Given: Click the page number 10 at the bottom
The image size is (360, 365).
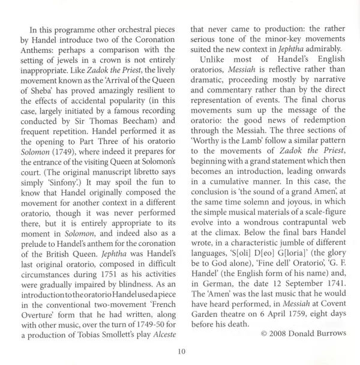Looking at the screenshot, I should pyautogui.click(x=181, y=351).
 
